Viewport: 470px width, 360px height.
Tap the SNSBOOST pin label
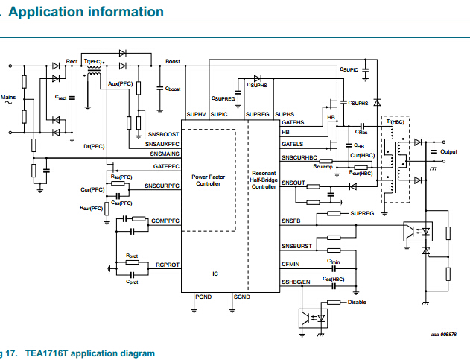click(163, 133)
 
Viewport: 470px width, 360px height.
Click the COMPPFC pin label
click(165, 221)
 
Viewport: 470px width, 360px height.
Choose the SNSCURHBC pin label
click(299, 158)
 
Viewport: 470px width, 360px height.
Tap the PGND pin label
click(203, 297)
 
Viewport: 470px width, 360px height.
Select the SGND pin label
click(241, 297)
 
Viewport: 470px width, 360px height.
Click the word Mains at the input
click(8, 97)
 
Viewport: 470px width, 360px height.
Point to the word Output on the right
click(448, 152)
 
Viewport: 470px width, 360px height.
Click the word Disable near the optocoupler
click(358, 302)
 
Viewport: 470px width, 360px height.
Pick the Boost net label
click(172, 61)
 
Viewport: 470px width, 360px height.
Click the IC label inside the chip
click(215, 274)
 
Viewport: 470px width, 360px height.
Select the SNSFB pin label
click(290, 221)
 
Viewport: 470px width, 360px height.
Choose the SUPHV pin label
click(196, 114)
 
